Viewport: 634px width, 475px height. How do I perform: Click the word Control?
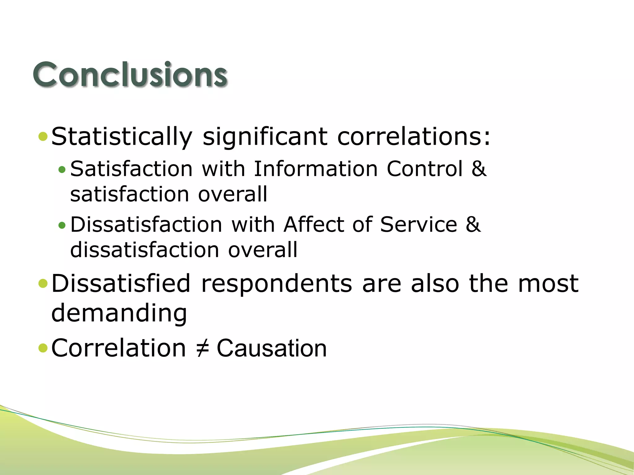pyautogui.click(x=425, y=169)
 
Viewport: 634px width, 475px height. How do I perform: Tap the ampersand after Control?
pyautogui.click(x=479, y=169)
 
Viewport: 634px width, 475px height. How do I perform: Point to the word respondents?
pyautogui.click(x=276, y=284)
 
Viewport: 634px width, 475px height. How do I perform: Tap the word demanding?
pyautogui.click(x=119, y=313)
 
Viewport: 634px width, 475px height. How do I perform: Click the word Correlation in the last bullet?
pyautogui.click(x=119, y=348)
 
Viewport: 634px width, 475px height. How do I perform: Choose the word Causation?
pyautogui.click(x=271, y=348)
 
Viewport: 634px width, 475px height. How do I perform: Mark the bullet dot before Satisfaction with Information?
pyautogui.click(x=62, y=169)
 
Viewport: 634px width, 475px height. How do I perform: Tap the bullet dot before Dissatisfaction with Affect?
pyautogui.click(x=62, y=225)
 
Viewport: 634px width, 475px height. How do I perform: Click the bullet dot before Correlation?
pyautogui.click(x=43, y=348)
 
